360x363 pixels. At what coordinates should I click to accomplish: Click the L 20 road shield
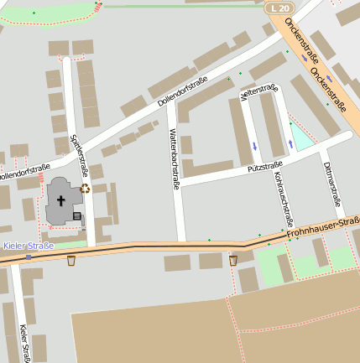tap(279, 8)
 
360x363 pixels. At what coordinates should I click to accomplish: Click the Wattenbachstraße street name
tap(175, 159)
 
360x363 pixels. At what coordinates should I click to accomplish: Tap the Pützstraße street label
tap(264, 167)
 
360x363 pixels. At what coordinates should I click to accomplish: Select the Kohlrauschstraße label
tap(282, 194)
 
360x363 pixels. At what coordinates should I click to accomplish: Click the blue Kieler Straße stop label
tap(29, 246)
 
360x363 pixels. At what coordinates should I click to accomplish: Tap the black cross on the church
tap(61, 200)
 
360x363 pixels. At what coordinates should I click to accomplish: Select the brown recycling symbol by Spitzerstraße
tap(85, 189)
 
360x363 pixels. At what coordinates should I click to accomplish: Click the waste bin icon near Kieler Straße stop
tap(71, 261)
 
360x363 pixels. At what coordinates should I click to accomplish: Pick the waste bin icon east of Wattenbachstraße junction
tap(233, 261)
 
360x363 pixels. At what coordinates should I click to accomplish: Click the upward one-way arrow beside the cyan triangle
tap(290, 143)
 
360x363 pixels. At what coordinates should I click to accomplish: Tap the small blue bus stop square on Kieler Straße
tap(29, 257)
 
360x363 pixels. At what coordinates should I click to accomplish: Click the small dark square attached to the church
tap(77, 216)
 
